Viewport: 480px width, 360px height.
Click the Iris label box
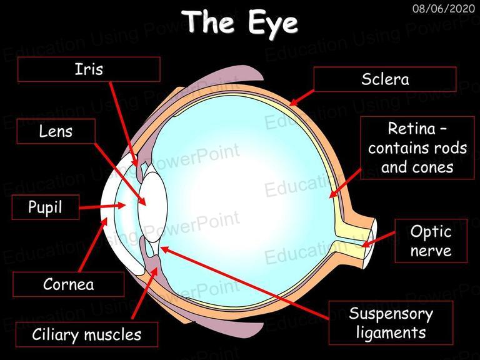(89, 69)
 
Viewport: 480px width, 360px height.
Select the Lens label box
(56, 131)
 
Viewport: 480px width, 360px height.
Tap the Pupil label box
(45, 207)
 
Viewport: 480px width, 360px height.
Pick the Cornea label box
(68, 284)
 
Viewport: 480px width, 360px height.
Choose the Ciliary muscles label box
(87, 334)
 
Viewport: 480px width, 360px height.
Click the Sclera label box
(385, 79)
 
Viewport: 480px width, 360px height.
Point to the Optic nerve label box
(431, 241)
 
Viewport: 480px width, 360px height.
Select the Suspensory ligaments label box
(391, 322)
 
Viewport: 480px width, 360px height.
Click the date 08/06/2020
(444, 8)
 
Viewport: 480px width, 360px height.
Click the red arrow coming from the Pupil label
(102, 206)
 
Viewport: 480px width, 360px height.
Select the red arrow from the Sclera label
(301, 98)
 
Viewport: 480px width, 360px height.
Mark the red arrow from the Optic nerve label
(378, 239)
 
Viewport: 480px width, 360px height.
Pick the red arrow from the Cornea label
(92, 245)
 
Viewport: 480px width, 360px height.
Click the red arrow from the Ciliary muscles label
(145, 293)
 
